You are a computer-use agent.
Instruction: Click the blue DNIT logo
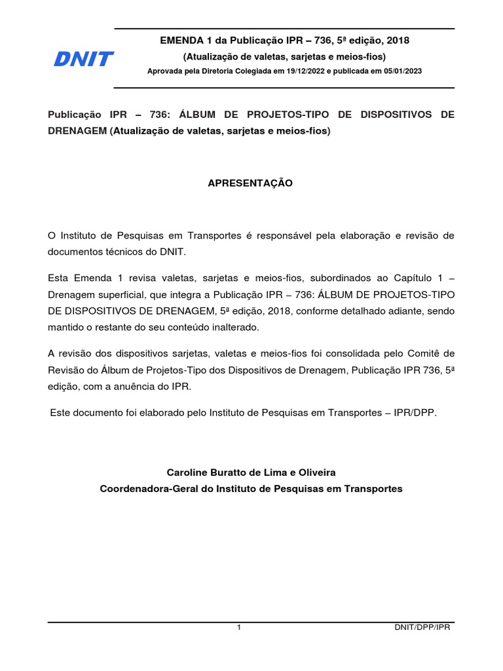point(83,60)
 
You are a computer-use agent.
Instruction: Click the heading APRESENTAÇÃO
point(250,183)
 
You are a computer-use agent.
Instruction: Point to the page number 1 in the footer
point(239,627)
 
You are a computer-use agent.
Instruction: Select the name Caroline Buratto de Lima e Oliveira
point(251,472)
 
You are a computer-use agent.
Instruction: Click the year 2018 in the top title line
point(398,41)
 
